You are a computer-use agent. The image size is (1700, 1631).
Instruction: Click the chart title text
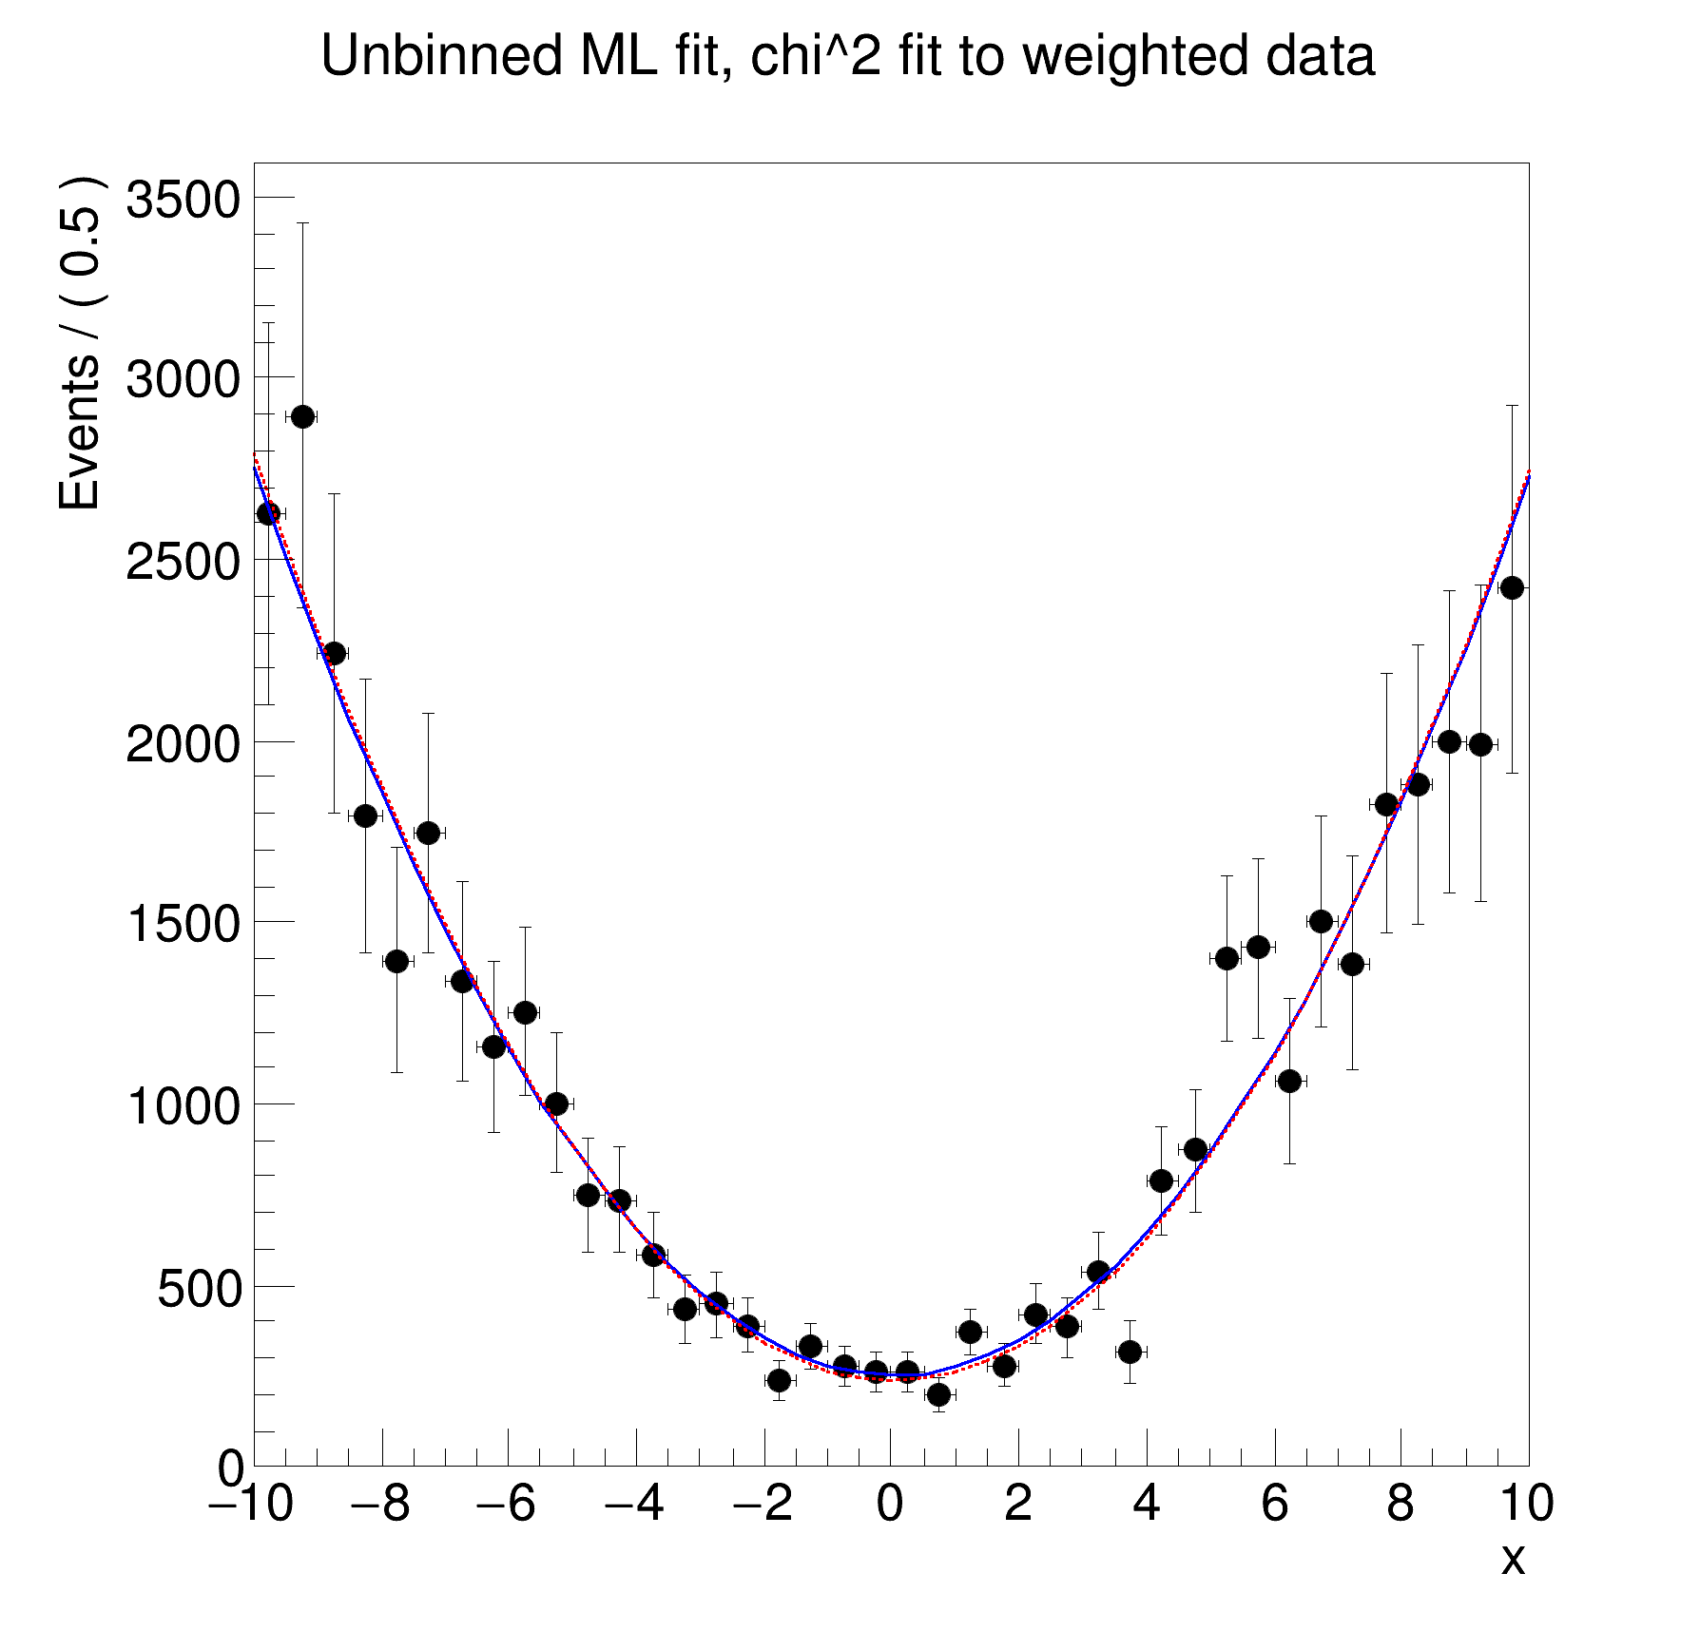tap(847, 56)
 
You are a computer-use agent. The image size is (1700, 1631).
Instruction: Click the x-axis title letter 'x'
tap(1512, 1560)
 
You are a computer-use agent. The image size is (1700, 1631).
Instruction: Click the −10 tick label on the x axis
tap(250, 1505)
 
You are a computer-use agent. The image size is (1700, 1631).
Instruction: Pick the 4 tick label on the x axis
tap(1147, 1505)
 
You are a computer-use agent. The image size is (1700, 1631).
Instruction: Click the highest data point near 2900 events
tap(302, 416)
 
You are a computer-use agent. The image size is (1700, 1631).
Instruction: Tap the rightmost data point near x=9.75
tap(1512, 588)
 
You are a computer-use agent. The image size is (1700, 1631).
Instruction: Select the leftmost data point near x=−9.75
tap(269, 513)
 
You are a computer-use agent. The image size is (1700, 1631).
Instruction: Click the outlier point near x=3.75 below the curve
tap(1130, 1352)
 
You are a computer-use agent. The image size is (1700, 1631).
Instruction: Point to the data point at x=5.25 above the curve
tap(1227, 958)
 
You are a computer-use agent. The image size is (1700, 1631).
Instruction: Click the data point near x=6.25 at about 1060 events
tap(1289, 1081)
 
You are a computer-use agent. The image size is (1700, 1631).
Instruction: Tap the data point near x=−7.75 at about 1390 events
tap(396, 961)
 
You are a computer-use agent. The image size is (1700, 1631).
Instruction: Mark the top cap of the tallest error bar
tap(302, 223)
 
